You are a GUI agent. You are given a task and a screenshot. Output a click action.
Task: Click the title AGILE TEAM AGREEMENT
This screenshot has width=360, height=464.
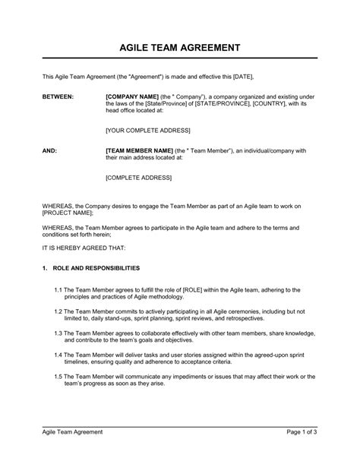(180, 47)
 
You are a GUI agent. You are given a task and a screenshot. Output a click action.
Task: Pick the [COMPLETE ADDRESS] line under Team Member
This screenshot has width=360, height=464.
(137, 178)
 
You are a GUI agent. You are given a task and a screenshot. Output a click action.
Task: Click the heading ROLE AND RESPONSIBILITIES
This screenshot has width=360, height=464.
(96, 268)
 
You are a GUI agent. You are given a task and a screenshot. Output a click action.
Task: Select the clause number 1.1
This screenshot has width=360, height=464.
(60, 289)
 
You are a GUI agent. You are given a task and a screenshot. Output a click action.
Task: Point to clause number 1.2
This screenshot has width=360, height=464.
(60, 311)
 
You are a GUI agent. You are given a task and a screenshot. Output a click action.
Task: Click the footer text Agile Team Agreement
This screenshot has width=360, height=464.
(72, 453)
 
